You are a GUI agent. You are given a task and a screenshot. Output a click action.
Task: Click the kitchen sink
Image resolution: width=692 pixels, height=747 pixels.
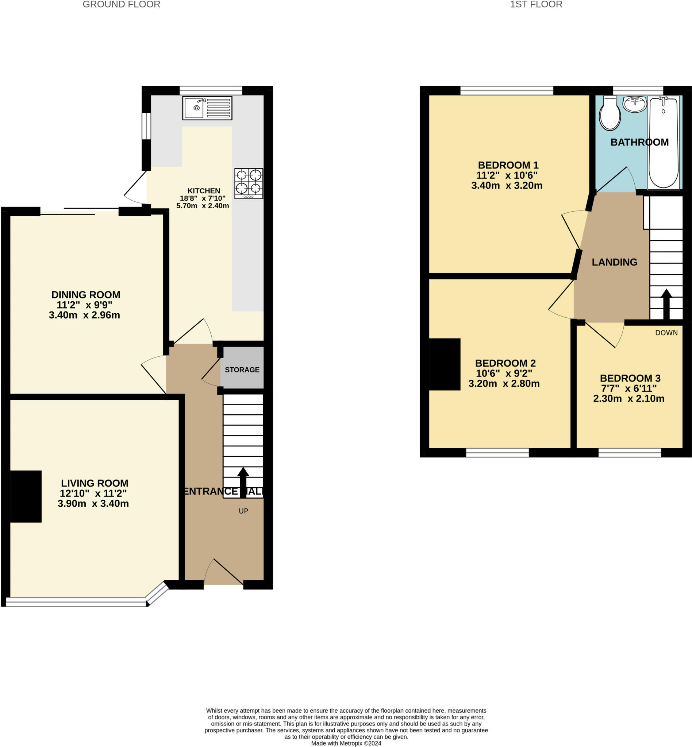click(x=207, y=108)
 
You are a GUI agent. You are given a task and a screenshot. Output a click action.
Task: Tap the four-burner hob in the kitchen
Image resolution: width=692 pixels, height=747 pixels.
click(x=249, y=183)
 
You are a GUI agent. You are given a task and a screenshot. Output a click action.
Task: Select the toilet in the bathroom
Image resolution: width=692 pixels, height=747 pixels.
click(x=610, y=113)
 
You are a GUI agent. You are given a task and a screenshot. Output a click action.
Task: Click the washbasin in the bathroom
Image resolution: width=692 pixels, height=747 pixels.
click(x=635, y=104)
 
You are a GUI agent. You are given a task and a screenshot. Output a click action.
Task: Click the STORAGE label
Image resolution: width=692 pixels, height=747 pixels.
click(x=242, y=370)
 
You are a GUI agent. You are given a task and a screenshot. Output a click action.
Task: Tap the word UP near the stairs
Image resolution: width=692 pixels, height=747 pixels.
click(x=243, y=511)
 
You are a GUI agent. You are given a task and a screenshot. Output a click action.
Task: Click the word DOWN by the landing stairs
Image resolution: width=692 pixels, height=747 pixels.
click(x=666, y=333)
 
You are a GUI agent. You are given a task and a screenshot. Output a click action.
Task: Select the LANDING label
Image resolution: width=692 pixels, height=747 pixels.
click(x=615, y=262)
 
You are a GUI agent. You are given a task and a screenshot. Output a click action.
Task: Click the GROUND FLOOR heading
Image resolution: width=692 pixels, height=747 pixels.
click(x=121, y=4)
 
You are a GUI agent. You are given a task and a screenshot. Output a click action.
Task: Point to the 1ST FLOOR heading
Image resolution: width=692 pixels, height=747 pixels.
click(x=536, y=4)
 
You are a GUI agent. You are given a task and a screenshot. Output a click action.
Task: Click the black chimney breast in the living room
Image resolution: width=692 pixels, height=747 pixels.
click(x=26, y=496)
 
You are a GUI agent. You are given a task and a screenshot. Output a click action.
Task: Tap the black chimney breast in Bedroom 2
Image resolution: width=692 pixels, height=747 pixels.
click(x=445, y=364)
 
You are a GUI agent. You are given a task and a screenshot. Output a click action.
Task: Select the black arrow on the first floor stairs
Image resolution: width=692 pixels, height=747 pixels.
click(x=666, y=304)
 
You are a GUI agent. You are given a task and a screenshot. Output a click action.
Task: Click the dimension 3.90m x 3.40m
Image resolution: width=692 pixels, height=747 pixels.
click(x=93, y=503)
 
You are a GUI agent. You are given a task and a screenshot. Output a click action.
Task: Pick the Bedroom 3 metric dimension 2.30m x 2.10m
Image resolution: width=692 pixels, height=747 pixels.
click(x=629, y=399)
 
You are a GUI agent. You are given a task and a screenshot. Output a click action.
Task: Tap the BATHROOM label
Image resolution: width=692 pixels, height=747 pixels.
click(x=639, y=142)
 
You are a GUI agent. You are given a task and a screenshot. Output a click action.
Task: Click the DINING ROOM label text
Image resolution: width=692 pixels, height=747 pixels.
click(x=86, y=295)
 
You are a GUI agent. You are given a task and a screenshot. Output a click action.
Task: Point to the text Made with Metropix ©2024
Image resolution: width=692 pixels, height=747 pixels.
click(x=346, y=743)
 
